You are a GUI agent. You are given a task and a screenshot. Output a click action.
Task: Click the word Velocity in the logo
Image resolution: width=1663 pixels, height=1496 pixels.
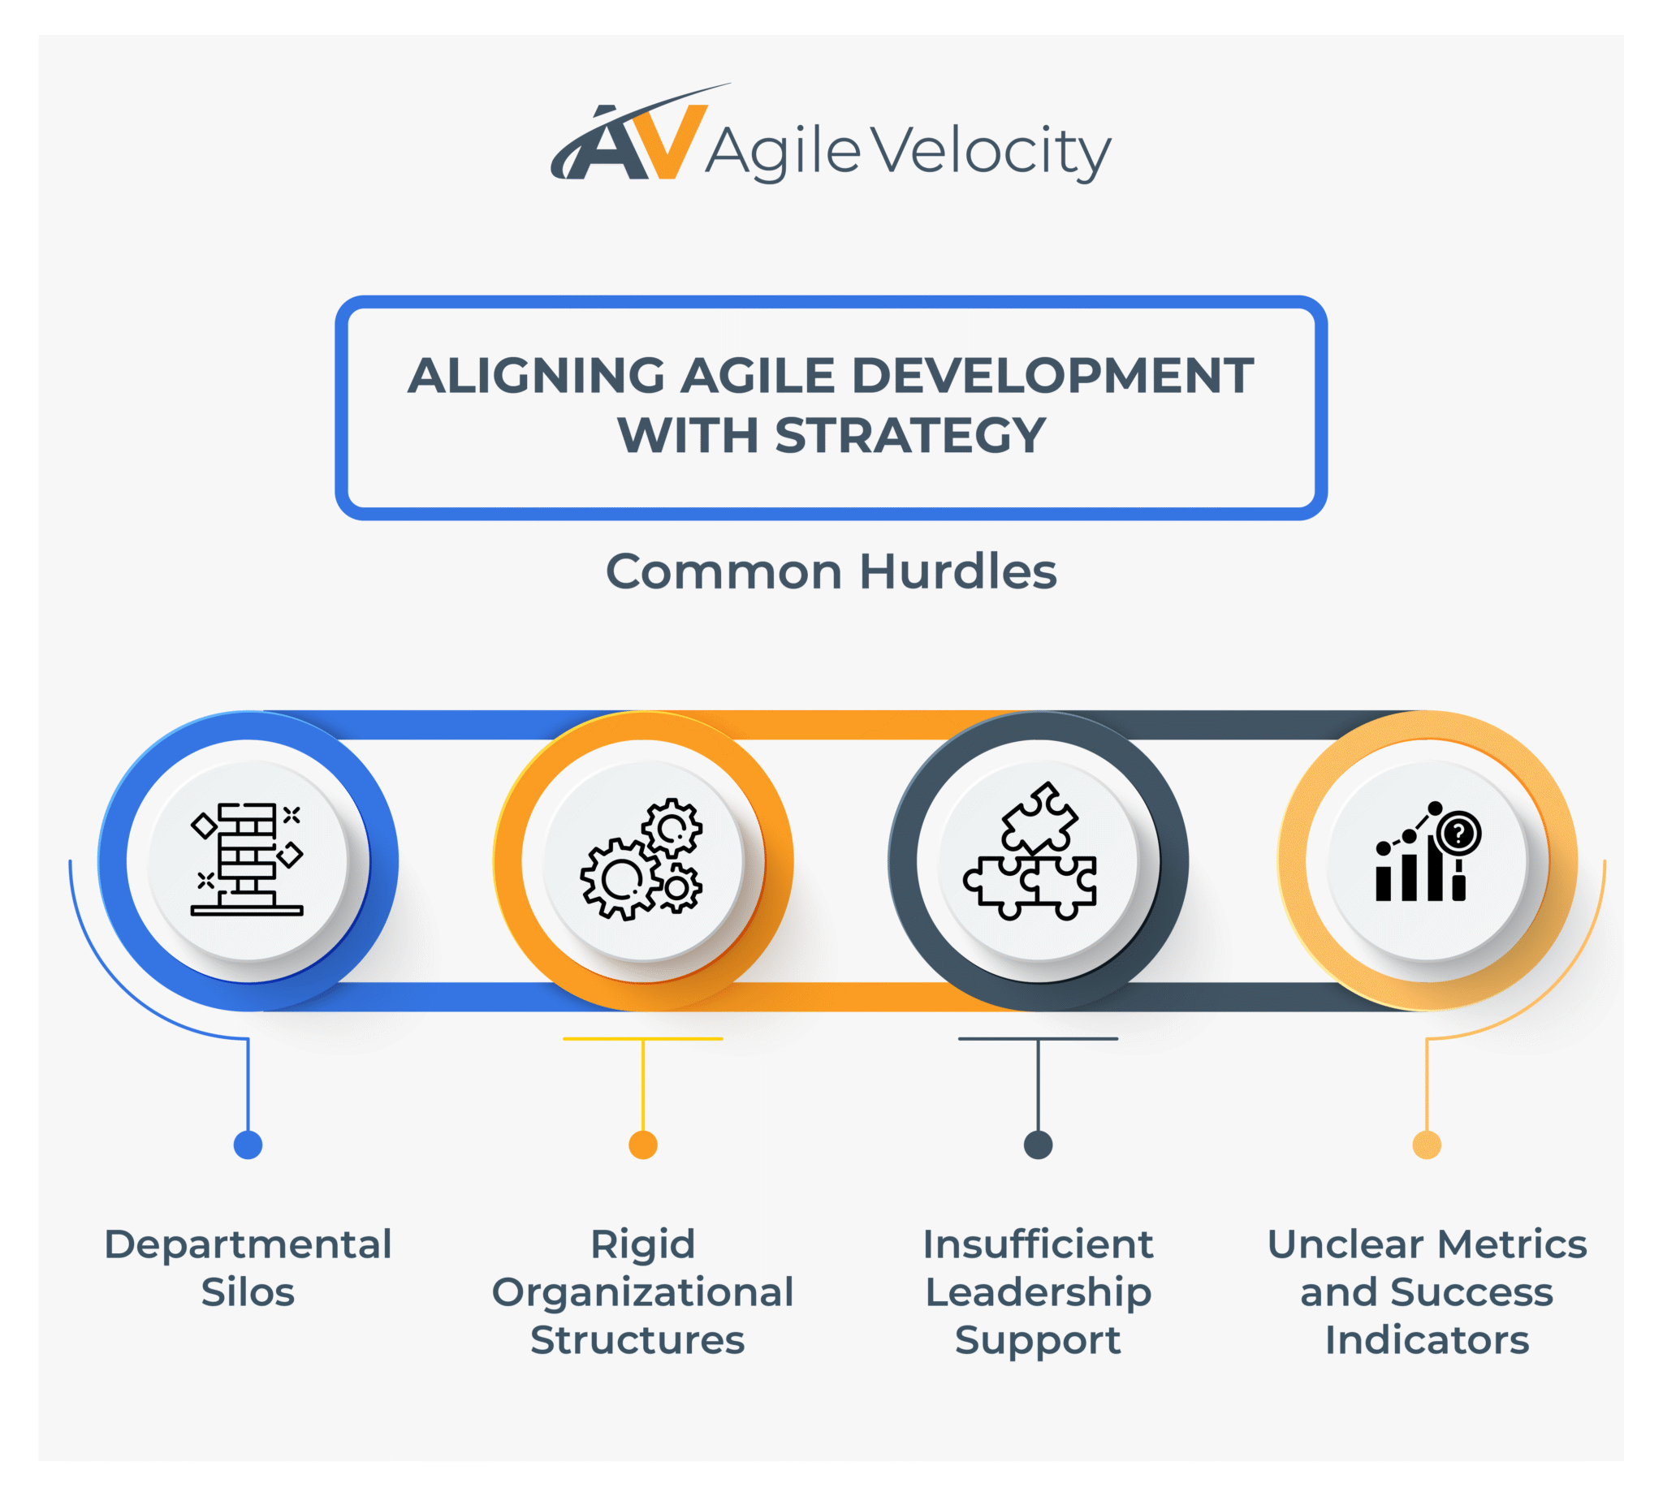pyautogui.click(x=990, y=152)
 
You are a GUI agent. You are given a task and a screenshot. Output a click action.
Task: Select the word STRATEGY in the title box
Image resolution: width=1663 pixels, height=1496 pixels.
pyautogui.click(x=909, y=435)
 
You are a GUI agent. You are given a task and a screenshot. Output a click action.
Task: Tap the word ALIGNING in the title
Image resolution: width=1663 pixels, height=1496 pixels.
pyautogui.click(x=535, y=376)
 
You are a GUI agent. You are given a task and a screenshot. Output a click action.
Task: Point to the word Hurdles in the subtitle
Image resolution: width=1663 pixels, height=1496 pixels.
pyautogui.click(x=957, y=571)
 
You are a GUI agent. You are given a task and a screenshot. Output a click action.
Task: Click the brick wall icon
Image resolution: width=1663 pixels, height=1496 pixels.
pyautogui.click(x=248, y=859)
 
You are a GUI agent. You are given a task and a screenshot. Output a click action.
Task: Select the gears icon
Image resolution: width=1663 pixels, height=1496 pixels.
pyautogui.click(x=641, y=859)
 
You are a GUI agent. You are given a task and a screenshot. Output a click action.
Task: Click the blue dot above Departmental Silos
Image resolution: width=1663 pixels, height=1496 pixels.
pyautogui.click(x=248, y=1145)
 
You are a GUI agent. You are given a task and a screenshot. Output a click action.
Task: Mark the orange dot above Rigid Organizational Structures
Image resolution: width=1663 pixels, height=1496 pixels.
pyautogui.click(x=642, y=1145)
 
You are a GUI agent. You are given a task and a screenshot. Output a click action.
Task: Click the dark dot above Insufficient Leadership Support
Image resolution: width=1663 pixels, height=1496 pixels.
pyautogui.click(x=1038, y=1145)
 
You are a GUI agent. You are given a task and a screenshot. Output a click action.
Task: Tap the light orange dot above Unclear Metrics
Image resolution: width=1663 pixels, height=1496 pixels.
pyautogui.click(x=1426, y=1145)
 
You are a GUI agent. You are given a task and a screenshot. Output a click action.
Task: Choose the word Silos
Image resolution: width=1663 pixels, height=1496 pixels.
pyautogui.click(x=248, y=1292)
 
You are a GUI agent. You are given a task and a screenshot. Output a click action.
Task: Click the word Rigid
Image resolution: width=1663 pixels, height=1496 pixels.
pyautogui.click(x=642, y=1244)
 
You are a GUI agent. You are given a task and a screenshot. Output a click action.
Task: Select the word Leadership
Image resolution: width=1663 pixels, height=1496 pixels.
pyautogui.click(x=1038, y=1293)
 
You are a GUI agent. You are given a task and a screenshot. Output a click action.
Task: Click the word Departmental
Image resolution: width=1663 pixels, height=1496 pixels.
pyautogui.click(x=248, y=1244)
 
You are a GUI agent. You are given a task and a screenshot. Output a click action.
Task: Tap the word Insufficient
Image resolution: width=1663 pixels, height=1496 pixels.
pyautogui.click(x=1038, y=1244)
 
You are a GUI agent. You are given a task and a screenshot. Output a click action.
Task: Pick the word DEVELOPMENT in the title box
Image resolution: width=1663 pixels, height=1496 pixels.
pyautogui.click(x=1052, y=376)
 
